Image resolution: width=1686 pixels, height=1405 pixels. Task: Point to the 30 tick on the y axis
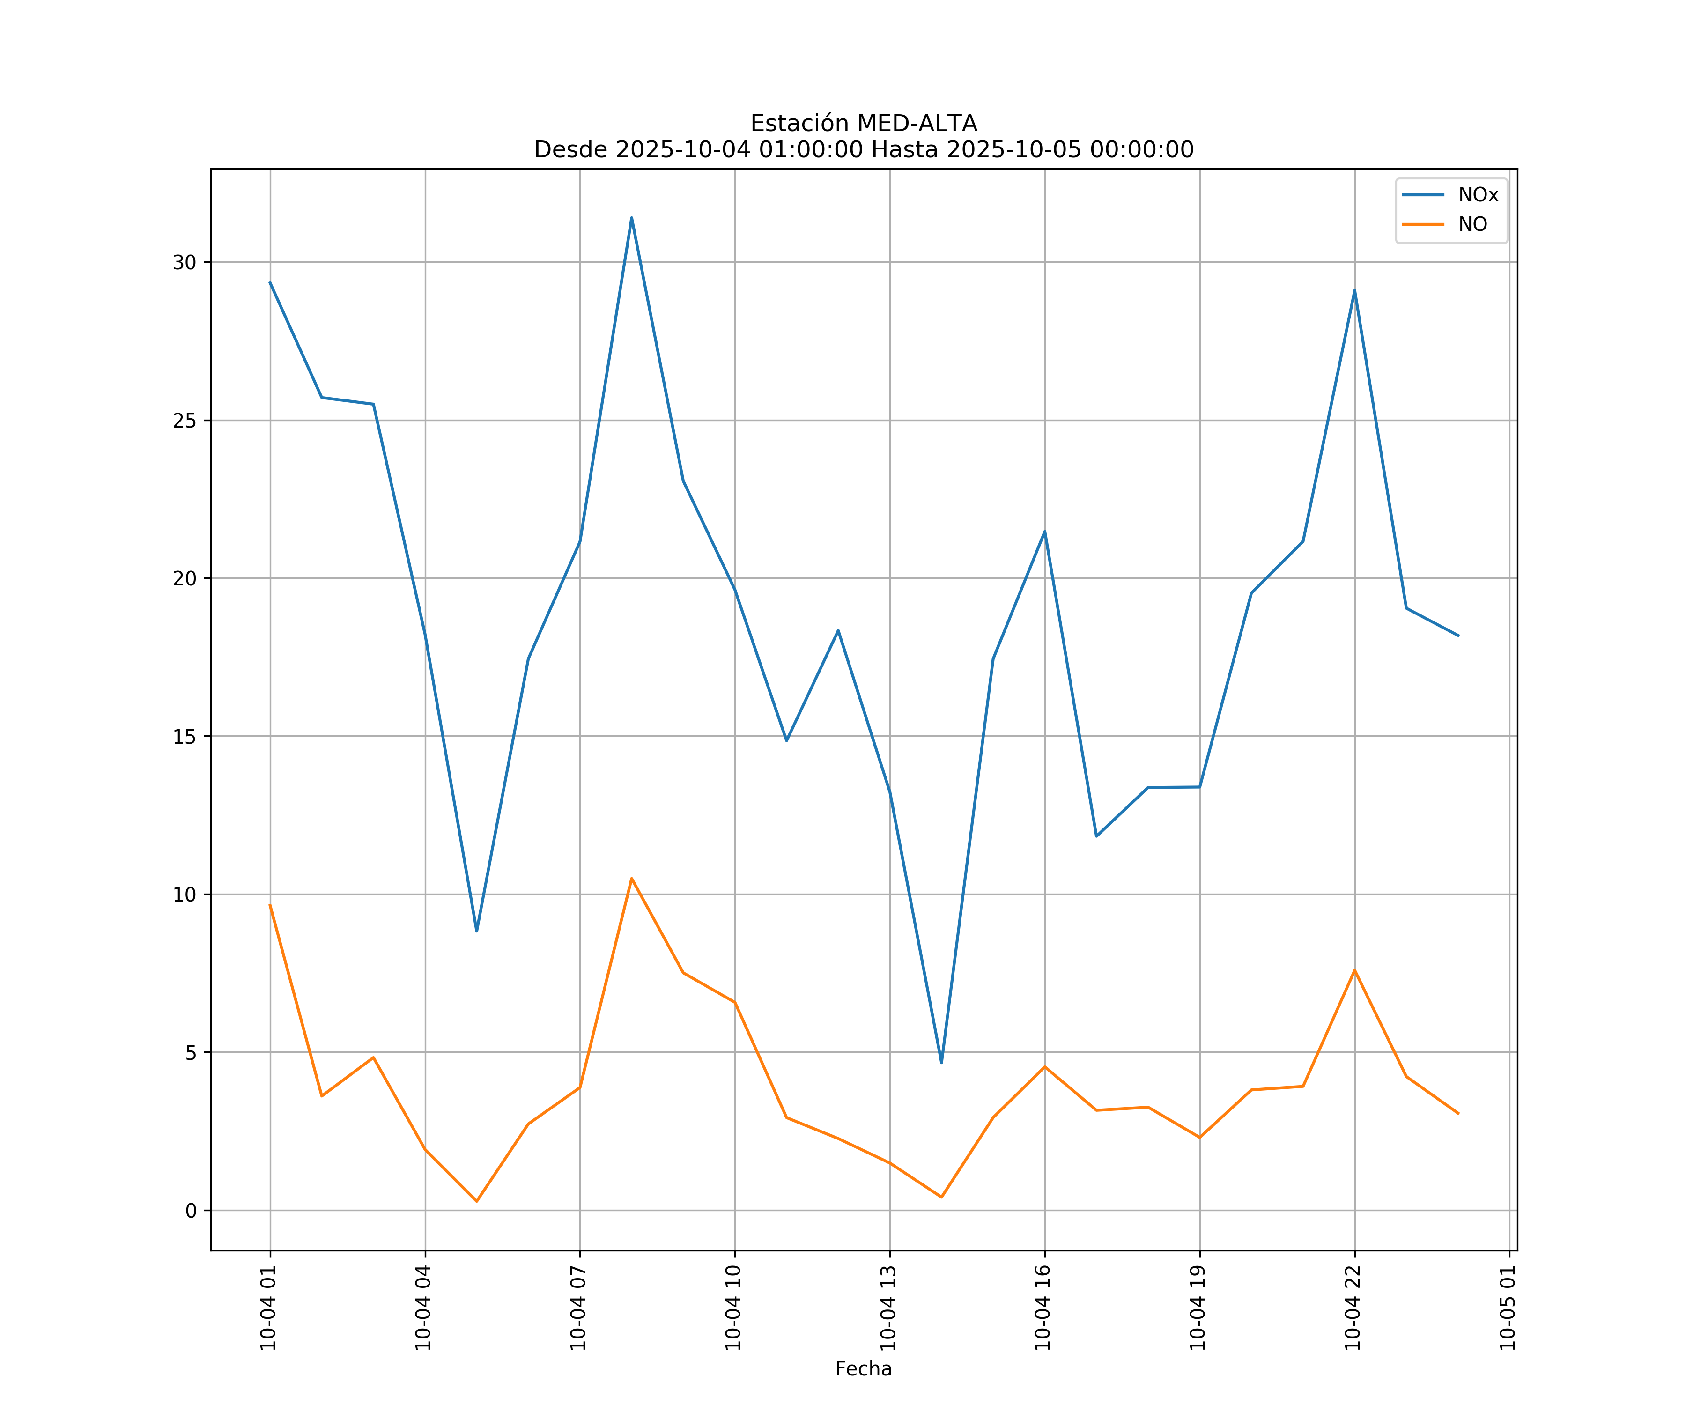coord(185,263)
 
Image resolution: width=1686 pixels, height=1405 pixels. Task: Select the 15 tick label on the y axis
coord(185,736)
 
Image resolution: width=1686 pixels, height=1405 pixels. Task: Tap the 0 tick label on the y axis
coord(191,1211)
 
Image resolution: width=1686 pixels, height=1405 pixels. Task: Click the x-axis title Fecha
coord(863,1369)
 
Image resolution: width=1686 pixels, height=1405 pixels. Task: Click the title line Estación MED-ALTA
coord(863,124)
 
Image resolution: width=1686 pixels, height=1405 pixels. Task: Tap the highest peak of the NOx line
coord(632,218)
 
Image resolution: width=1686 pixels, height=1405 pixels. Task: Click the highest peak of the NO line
coord(632,878)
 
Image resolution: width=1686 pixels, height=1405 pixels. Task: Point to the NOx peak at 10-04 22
coord(1354,291)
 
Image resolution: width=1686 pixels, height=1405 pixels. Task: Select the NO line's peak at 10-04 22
coord(1354,970)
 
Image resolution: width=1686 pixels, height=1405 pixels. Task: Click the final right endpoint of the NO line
coord(1458,1114)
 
